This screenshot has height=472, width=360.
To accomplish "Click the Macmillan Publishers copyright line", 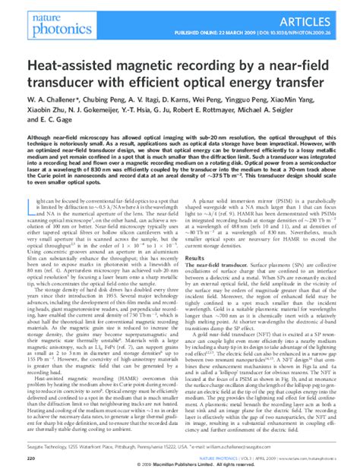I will [x=180, y=466].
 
